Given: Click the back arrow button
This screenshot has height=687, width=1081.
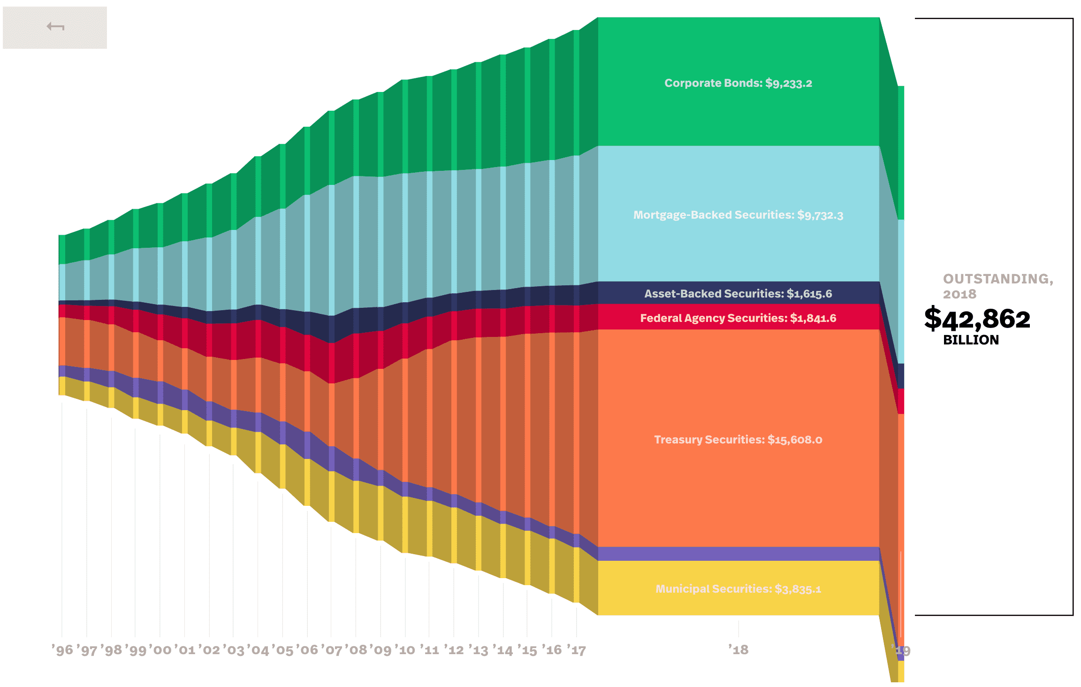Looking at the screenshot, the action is click(55, 27).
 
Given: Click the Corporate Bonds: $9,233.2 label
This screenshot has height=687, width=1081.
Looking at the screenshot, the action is click(738, 83).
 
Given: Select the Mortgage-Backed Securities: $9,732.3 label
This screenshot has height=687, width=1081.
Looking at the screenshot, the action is click(738, 215).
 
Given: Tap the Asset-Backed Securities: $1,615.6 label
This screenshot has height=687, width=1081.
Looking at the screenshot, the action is click(738, 294).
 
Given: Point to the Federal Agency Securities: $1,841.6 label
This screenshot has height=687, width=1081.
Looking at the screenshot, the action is click(738, 318).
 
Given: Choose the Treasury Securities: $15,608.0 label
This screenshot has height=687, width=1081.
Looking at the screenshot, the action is click(738, 440).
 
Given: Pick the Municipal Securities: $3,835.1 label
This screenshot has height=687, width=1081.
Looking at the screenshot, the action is click(738, 589).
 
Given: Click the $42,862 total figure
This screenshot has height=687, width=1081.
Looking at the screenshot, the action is click(977, 319).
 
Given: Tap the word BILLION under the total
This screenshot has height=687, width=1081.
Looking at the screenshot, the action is click(971, 340).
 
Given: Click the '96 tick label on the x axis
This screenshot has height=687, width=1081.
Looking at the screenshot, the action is click(62, 650).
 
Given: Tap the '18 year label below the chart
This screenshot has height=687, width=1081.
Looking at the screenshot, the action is click(738, 650).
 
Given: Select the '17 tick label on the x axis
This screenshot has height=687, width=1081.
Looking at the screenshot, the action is click(576, 650).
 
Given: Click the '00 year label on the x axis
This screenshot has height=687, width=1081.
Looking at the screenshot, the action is click(160, 650).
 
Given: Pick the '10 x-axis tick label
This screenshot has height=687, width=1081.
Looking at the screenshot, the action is click(405, 650).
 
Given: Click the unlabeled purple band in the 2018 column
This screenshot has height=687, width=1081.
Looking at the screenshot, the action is click(738, 554).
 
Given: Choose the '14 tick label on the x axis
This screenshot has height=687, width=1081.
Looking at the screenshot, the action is click(503, 650).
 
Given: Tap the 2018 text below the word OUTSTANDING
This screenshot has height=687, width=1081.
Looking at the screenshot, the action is click(959, 294).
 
